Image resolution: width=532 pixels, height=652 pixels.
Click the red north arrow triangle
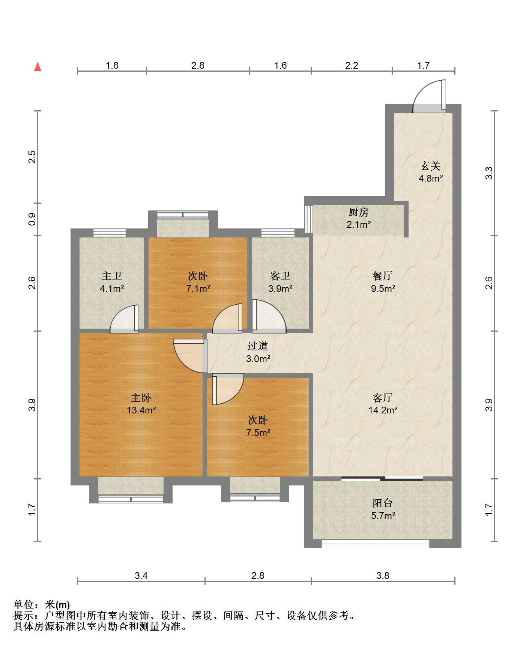click(38, 67)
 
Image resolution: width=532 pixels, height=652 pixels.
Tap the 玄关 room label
click(430, 166)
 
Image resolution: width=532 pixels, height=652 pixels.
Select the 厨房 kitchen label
click(358, 212)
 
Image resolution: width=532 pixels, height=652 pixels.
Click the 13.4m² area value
click(141, 410)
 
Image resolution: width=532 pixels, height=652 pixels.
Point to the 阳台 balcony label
click(383, 503)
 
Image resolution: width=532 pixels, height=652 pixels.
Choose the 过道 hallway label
click(258, 346)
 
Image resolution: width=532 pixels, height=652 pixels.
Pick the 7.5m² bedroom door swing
click(228, 389)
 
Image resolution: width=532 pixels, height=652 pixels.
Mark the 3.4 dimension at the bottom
click(141, 575)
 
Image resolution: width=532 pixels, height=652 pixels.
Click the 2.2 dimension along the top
click(352, 65)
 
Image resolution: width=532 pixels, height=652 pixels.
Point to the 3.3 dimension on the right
click(488, 173)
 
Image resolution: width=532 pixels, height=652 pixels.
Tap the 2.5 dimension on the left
click(32, 156)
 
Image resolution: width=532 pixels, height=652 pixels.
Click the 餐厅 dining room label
click(383, 276)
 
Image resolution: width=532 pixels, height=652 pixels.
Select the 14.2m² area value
click(383, 410)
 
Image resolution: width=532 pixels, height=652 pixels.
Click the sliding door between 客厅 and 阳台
click(383, 479)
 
